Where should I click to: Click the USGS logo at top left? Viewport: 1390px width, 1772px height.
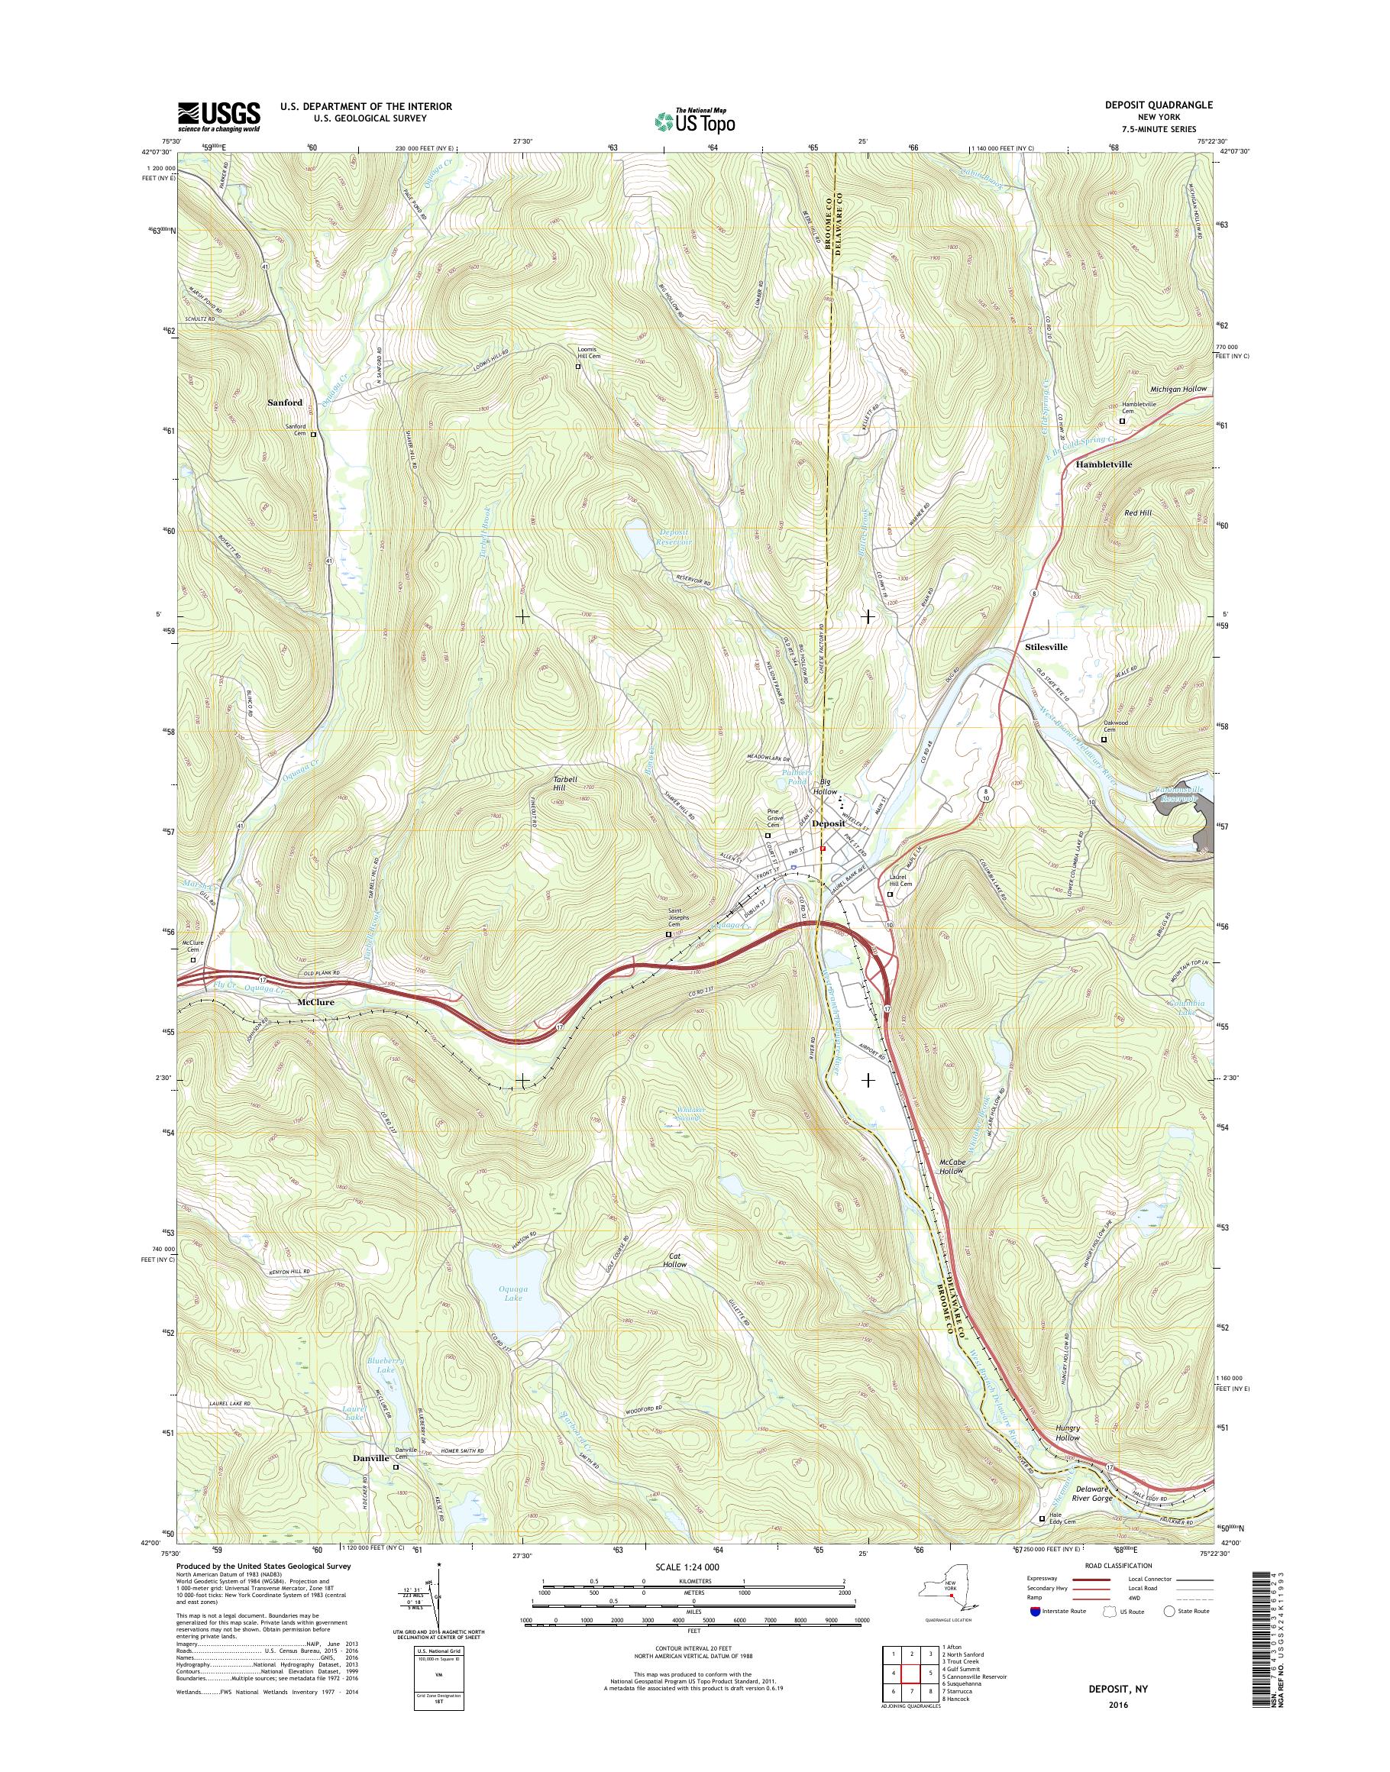219,116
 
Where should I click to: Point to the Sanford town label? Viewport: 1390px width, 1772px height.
285,402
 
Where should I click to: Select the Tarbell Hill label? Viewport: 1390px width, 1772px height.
565,783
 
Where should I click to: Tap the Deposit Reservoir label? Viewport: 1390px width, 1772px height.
674,536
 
